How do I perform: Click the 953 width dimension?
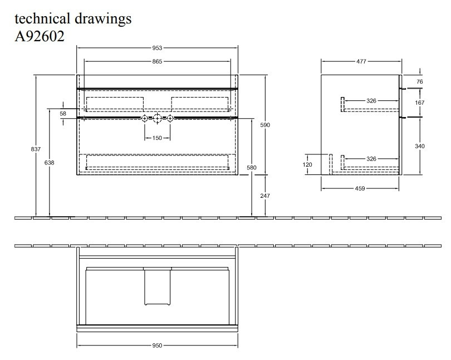click(157, 48)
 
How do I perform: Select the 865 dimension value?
click(157, 61)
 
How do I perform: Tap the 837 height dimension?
click(36, 149)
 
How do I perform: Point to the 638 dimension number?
click(50, 163)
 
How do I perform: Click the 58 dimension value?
click(63, 114)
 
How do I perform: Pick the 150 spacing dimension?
click(157, 138)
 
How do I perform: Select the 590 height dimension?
click(265, 125)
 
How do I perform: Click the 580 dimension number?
click(252, 168)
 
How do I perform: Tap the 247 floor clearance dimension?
click(265, 196)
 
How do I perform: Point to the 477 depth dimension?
click(361, 61)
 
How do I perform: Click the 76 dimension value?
click(420, 81)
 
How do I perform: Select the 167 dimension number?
click(420, 103)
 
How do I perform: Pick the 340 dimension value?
click(420, 146)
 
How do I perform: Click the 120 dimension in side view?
click(308, 164)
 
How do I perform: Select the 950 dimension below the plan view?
click(157, 346)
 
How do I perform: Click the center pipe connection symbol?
click(157, 118)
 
